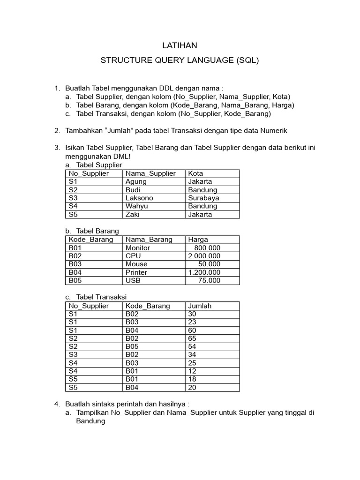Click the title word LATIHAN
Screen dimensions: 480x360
(180, 45)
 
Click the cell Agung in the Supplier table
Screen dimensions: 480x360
(136, 181)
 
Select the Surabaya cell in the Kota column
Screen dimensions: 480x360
(203, 198)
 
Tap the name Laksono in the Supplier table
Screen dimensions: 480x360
(139, 198)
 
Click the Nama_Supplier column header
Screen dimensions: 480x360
(150, 173)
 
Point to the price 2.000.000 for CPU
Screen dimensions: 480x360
(204, 256)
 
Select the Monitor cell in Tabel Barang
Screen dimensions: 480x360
(138, 247)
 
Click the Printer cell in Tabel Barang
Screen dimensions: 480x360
(136, 272)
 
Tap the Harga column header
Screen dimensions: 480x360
(198, 240)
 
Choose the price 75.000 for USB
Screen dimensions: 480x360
(209, 280)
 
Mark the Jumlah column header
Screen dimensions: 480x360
(200, 306)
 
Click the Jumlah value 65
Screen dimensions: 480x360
(192, 338)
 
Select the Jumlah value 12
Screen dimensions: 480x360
(192, 371)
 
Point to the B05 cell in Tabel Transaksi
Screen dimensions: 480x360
(132, 346)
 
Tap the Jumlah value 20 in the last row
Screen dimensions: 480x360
(192, 388)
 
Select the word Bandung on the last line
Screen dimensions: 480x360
(90, 421)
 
